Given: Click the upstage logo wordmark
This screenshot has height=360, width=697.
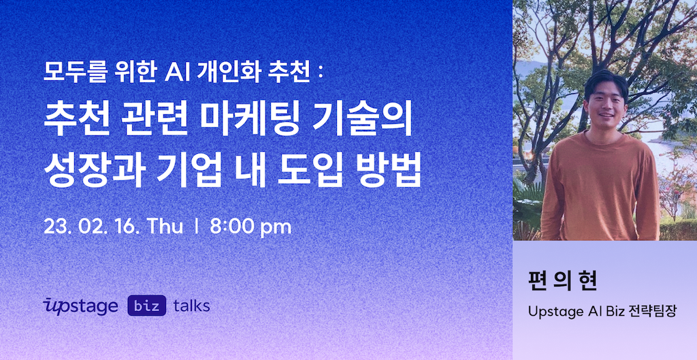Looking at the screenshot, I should click(x=80, y=306).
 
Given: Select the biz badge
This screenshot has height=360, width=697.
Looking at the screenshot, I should click(x=147, y=306).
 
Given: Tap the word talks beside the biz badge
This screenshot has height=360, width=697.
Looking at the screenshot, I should click(x=191, y=306).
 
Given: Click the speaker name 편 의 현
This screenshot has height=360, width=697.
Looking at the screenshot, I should click(x=562, y=282).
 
